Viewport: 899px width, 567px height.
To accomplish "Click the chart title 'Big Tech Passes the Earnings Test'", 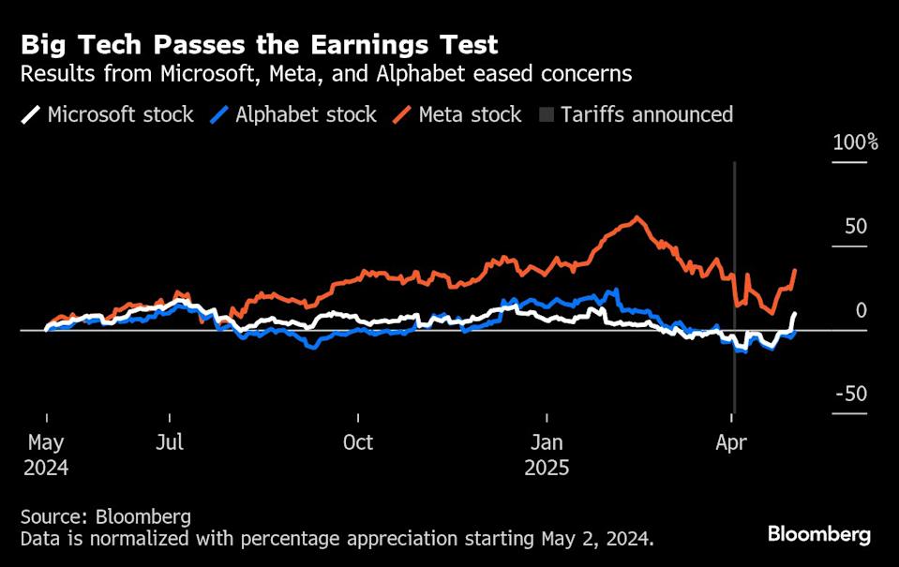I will [259, 44].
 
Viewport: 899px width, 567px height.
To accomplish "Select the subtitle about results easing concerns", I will [326, 74].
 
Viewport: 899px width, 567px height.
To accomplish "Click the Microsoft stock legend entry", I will [109, 115].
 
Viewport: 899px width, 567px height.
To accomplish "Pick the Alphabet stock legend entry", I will [293, 115].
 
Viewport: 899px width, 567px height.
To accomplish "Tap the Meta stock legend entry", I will [457, 115].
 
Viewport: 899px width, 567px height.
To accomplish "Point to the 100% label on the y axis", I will [854, 143].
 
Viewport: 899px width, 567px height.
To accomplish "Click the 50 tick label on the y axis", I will [855, 227].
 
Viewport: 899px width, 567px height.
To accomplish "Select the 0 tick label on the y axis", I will [861, 310].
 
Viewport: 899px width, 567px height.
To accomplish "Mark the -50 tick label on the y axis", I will [850, 394].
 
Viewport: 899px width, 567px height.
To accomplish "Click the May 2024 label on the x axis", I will [46, 454].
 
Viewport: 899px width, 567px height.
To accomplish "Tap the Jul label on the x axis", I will [170, 442].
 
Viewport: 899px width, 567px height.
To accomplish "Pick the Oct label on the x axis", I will [358, 442].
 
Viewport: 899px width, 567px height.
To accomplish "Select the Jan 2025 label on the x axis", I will [547, 454].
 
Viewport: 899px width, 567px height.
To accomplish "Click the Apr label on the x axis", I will [732, 442].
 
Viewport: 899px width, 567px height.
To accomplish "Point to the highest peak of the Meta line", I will [637, 218].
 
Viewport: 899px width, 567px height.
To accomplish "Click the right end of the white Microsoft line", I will [795, 314].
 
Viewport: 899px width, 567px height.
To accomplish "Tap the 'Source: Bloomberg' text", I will [105, 516].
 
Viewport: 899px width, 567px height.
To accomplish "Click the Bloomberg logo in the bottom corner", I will [818, 535].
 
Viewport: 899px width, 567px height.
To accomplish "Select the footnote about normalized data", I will [337, 539].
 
